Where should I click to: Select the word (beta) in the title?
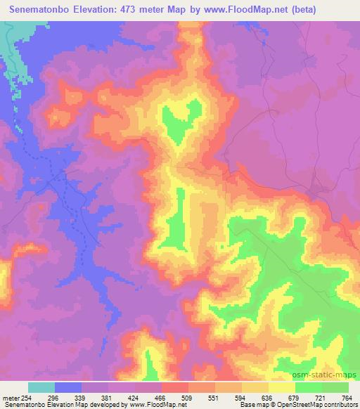[x=300, y=10]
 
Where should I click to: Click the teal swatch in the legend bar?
[x=41, y=387]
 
